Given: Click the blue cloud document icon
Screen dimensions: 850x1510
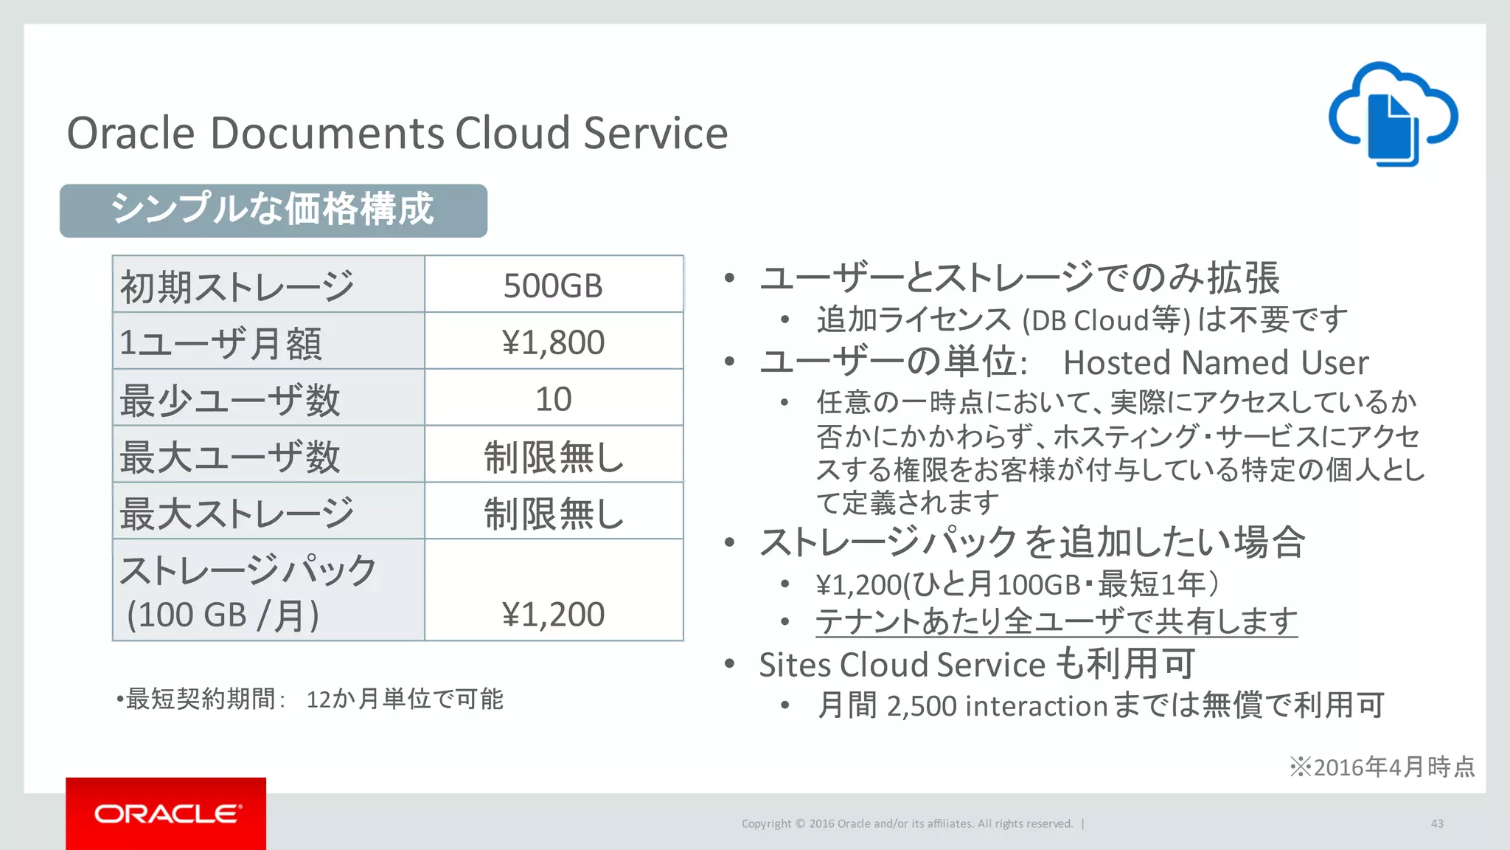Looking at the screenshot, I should tap(1393, 114).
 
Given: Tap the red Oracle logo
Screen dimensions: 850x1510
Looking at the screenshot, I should tap(166, 813).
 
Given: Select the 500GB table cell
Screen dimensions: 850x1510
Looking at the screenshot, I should tap(553, 286).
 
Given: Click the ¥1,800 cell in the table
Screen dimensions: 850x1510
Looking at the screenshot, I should tap(553, 342).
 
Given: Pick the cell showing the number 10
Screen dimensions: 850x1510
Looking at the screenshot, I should tap(553, 399).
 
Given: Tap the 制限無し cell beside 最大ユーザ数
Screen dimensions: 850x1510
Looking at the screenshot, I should tap(553, 456).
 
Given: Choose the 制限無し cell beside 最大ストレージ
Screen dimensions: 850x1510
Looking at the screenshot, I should tap(553, 513).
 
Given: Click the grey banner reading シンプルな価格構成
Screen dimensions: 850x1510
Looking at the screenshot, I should tap(273, 210).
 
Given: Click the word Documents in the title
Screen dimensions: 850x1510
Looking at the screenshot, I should tap(327, 134).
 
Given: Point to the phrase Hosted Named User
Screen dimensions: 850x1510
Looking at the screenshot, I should tap(1215, 362).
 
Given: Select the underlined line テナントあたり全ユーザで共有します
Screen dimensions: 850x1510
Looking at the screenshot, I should tap(1056, 621).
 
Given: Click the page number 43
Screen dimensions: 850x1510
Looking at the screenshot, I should tap(1436, 823).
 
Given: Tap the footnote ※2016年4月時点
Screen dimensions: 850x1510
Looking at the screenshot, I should tap(1382, 767).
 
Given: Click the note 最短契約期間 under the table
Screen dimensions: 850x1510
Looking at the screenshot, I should tap(310, 699).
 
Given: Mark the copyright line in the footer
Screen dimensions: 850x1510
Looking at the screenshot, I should tap(907, 823).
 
